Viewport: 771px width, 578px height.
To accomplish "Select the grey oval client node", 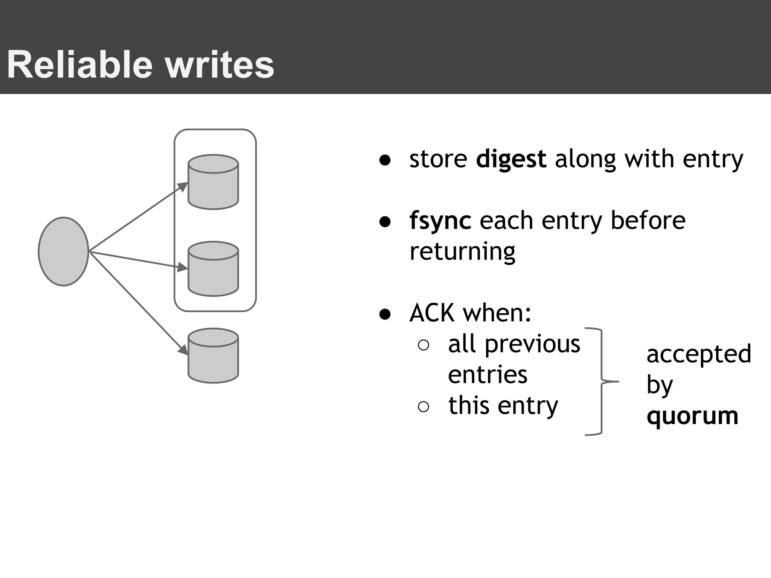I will tap(63, 251).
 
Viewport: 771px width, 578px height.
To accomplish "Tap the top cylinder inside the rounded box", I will tap(213, 182).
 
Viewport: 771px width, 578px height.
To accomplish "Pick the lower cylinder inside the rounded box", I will tap(213, 269).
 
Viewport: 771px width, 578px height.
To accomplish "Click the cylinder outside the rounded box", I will tap(213, 356).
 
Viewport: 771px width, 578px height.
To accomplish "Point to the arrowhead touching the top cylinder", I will tap(183, 186).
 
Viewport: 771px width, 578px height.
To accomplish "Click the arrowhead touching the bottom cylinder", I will tap(183, 350).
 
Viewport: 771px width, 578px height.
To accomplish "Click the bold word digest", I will tap(511, 159).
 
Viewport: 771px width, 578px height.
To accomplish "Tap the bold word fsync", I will tap(440, 221).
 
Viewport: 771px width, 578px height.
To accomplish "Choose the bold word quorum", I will tap(692, 416).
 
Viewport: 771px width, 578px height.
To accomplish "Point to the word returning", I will tap(462, 251).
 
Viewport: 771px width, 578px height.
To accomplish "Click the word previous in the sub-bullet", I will tap(532, 344).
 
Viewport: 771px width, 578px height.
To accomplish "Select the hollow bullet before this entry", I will tap(424, 407).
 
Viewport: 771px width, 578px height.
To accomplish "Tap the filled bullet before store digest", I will tap(385, 160).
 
